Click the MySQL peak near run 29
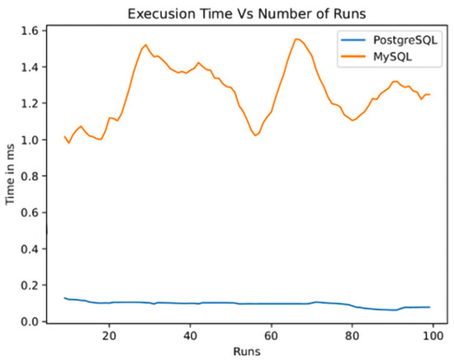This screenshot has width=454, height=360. click(x=145, y=45)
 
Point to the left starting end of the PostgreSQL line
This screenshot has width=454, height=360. click(x=64, y=297)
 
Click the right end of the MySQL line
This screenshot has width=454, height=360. click(x=430, y=94)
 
